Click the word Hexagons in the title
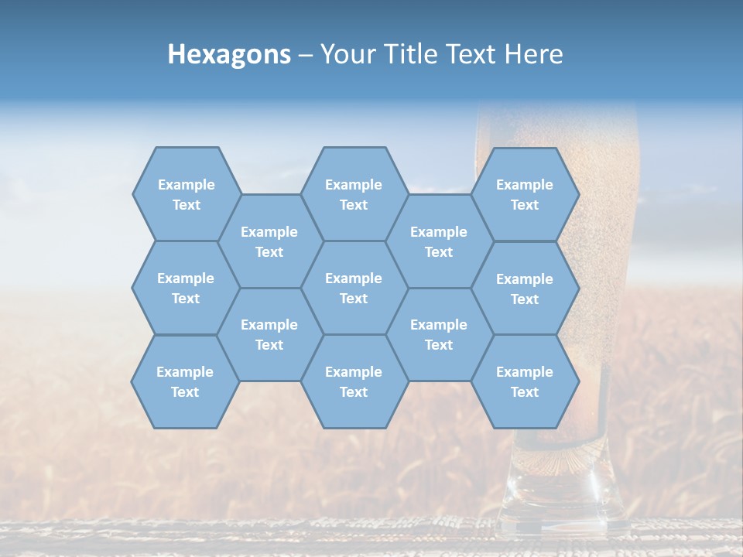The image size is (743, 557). pos(229,54)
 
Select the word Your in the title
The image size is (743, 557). pos(344,54)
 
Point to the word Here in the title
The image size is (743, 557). pos(534,54)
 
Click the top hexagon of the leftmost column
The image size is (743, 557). pos(186,194)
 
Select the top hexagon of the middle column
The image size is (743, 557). pos(354,194)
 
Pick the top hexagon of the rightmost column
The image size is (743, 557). pos(525,194)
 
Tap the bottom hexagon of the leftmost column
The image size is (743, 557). pos(185,381)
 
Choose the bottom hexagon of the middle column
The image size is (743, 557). pos(354,381)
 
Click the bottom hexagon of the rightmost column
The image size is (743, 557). pos(525,381)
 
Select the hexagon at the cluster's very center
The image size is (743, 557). pos(354,288)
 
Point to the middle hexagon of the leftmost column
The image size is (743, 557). pos(186,288)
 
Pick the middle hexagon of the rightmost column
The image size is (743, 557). pos(525,289)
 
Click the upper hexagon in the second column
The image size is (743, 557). pos(269,241)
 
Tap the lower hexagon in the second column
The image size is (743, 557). pos(269,334)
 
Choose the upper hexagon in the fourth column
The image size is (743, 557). pos(439,241)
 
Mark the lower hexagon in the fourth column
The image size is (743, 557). pos(439,334)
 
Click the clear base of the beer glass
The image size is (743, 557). pos(561,495)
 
